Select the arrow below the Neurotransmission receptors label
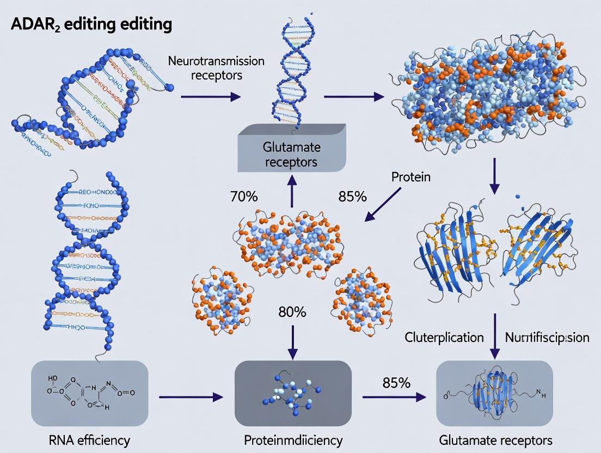(x=210, y=97)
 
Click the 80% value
(x=292, y=313)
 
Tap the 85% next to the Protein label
(x=352, y=197)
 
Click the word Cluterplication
(x=444, y=338)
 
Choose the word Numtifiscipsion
(x=547, y=338)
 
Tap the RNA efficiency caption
(x=89, y=440)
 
